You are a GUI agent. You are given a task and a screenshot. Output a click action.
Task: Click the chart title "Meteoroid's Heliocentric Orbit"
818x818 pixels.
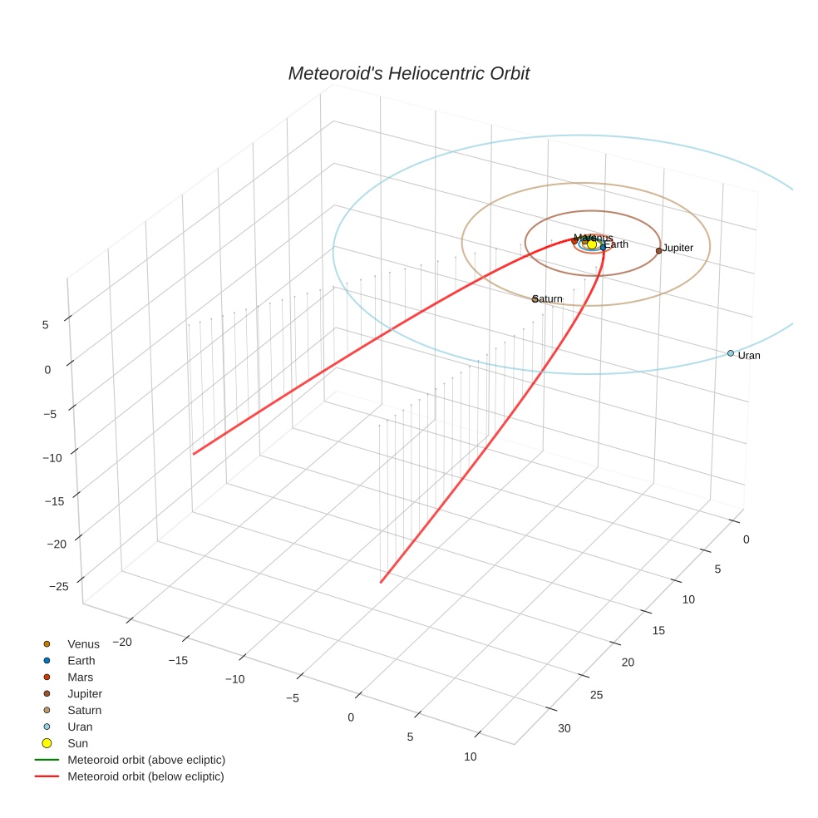coord(408,73)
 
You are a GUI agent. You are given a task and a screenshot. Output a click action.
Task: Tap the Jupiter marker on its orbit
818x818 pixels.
coord(658,250)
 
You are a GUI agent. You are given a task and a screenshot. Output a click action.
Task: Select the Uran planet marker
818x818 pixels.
coord(730,353)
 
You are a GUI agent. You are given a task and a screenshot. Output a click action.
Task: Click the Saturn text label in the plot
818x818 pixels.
coord(549,299)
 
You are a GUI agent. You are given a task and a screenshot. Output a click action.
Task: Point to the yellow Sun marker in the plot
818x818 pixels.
coord(592,244)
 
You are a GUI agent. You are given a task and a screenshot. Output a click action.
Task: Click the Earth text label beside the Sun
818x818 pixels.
coord(616,245)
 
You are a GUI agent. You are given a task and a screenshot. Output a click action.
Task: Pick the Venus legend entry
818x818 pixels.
coord(83,644)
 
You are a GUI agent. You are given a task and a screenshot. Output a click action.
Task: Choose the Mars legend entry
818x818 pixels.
coord(81,678)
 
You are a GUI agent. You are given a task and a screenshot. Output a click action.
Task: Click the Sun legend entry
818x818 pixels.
coord(77,743)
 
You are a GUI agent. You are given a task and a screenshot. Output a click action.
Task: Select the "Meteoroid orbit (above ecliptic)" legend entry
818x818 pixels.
coord(145,760)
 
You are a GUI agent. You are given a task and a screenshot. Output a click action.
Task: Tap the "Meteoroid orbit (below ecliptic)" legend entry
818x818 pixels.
coord(145,776)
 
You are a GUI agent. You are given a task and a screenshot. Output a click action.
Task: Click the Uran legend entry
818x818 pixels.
coord(80,727)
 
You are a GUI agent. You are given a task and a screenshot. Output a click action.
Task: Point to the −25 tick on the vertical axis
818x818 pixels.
coord(59,587)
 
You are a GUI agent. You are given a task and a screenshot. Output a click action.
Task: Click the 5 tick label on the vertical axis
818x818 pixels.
coord(46,326)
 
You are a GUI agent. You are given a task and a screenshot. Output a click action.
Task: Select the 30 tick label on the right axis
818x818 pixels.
coord(564,729)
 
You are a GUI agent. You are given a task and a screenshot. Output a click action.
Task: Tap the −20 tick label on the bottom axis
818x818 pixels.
coord(123,642)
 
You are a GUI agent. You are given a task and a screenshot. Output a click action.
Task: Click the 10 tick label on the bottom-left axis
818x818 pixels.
coord(470,756)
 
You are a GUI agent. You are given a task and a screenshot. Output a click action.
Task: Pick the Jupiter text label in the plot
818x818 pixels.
coord(678,249)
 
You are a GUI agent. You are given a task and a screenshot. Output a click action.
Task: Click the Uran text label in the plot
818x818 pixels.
coord(749,356)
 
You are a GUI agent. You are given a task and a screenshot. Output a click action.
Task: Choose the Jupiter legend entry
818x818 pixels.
coord(85,694)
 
